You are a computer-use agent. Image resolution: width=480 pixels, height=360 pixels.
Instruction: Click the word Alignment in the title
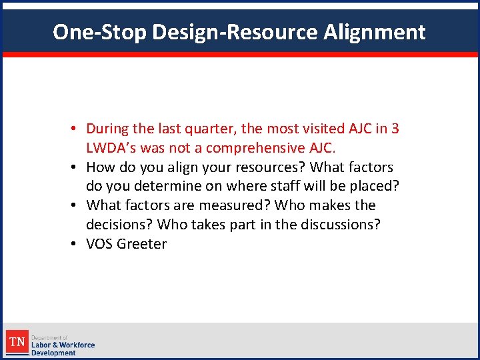coord(375,32)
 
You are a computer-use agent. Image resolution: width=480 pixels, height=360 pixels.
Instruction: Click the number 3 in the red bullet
coord(395,129)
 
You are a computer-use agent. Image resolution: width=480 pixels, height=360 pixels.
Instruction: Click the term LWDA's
coord(111,148)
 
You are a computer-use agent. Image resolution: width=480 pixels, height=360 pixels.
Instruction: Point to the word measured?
coord(233,205)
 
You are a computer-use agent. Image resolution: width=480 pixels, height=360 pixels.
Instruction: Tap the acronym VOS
coord(100,244)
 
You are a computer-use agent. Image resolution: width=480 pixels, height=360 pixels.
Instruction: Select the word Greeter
coord(142,244)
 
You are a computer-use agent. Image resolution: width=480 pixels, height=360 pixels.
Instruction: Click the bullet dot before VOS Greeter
coord(78,245)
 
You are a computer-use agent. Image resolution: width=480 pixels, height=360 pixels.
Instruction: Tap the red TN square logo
coord(16,343)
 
